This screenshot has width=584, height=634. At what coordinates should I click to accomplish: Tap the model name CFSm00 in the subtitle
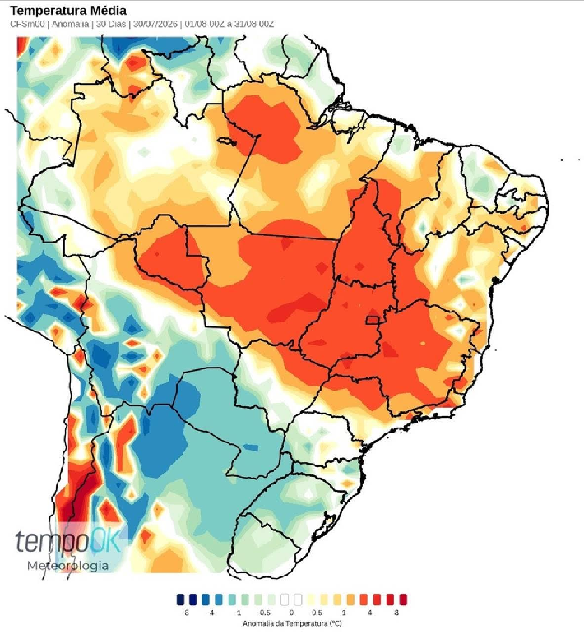tap(27, 25)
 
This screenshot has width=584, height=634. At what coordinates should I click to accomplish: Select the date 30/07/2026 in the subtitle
tap(155, 25)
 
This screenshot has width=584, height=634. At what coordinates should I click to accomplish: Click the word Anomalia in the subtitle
tap(71, 25)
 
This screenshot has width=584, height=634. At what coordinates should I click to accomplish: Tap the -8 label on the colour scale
tap(185, 613)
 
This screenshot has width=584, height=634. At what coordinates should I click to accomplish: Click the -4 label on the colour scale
tap(211, 613)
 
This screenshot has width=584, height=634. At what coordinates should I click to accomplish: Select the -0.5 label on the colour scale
tap(264, 613)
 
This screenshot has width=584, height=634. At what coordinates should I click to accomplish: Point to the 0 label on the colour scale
tap(291, 613)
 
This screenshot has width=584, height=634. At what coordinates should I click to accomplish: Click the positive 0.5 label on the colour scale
tap(317, 613)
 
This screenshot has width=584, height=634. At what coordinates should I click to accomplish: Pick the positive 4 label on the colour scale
tap(369, 613)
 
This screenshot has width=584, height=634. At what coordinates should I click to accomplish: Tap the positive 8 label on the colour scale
tap(396, 613)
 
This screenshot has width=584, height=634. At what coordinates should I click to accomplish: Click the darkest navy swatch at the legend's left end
tap(180, 599)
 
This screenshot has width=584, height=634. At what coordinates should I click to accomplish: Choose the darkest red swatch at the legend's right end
tap(403, 599)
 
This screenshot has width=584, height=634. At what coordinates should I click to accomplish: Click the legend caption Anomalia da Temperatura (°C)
tap(292, 623)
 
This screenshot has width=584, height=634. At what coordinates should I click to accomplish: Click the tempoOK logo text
tap(68, 541)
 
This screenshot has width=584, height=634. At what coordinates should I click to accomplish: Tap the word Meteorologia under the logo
tap(68, 565)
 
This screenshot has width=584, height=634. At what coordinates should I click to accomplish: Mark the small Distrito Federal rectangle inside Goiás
tap(373, 320)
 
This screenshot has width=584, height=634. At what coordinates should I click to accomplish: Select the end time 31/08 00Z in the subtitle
tap(254, 25)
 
